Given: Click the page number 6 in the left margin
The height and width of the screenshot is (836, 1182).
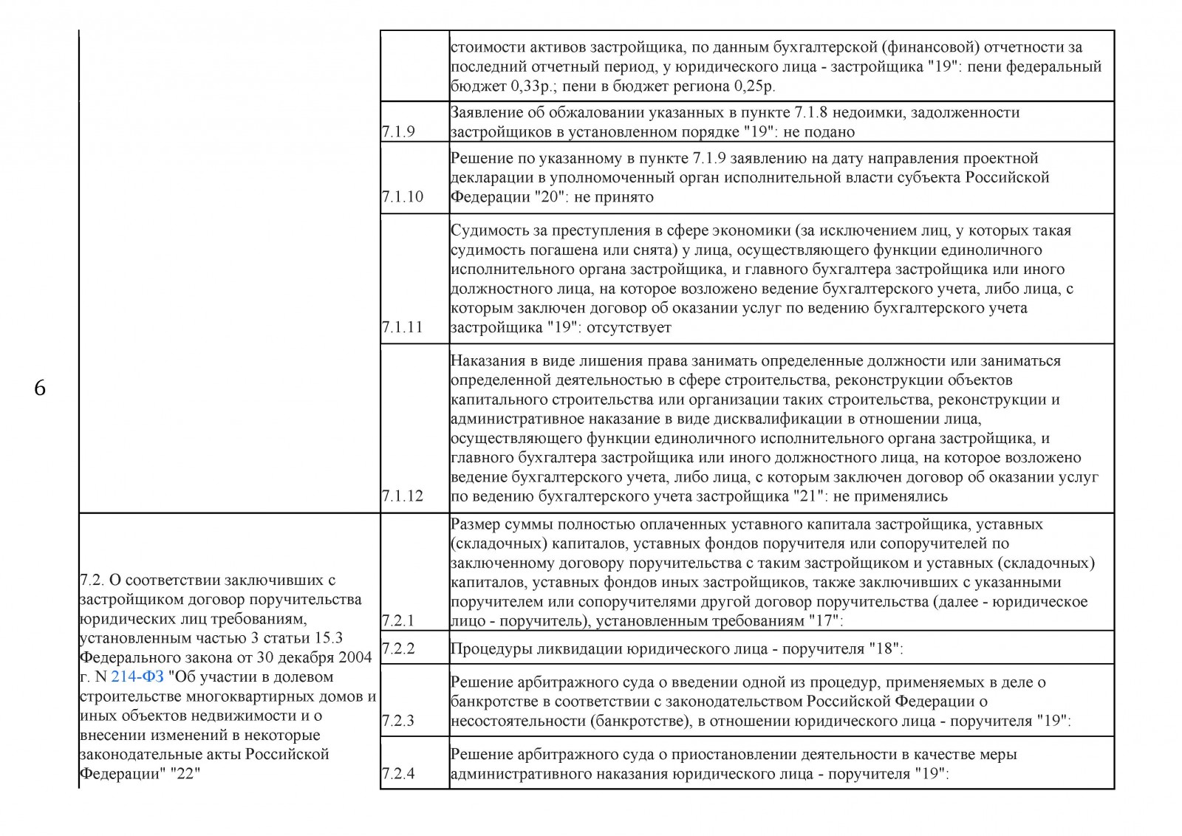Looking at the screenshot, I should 40,388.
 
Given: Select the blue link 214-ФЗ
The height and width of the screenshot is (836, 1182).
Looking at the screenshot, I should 137,676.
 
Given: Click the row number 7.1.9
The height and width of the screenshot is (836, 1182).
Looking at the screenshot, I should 398,132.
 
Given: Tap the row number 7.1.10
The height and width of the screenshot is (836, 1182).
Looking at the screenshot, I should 403,197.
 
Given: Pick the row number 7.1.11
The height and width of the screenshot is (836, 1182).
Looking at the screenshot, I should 403,327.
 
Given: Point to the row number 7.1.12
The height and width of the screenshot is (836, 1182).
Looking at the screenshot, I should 403,496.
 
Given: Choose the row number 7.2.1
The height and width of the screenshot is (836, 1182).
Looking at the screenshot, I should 398,621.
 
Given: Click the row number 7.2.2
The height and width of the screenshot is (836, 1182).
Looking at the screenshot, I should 398,649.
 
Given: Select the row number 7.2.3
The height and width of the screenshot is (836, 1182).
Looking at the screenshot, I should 398,721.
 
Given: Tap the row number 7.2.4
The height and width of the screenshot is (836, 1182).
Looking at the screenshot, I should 398,774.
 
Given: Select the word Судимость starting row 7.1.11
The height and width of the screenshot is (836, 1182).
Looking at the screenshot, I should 488,230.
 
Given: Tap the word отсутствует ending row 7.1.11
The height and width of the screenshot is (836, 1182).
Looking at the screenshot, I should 629,327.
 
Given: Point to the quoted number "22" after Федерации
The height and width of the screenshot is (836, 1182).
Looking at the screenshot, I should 188,774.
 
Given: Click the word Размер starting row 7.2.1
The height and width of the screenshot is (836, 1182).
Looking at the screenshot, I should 475,524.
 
